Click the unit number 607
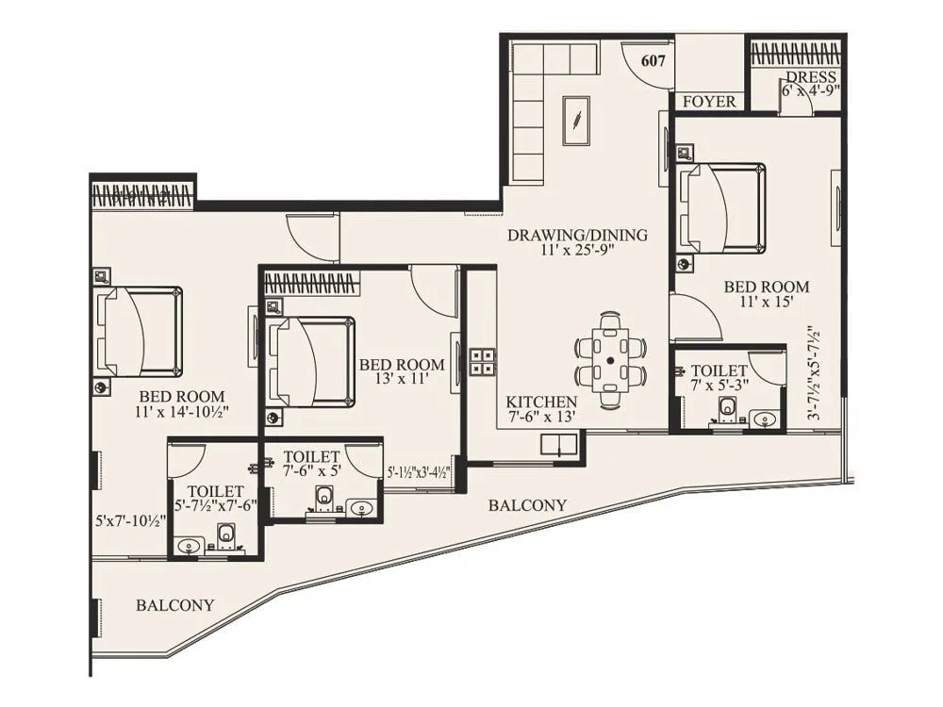point(653,60)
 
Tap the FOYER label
point(709,101)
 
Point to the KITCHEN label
point(540,399)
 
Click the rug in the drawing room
point(576,121)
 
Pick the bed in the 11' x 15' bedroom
point(722,208)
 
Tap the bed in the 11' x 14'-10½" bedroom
point(140,332)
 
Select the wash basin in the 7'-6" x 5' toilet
point(361,508)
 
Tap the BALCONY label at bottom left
point(174,605)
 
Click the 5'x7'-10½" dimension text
point(131,519)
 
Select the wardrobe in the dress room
point(795,53)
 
